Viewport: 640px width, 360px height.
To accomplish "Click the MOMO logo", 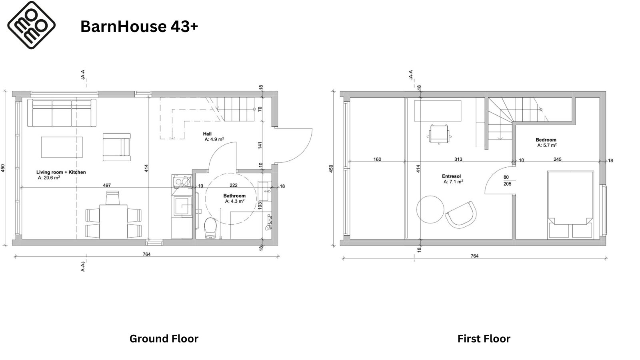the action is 31,25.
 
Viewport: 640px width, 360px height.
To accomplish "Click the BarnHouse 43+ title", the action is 139,26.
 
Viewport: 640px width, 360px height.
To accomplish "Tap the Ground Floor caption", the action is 164,339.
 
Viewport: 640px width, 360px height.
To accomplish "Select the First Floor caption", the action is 484,339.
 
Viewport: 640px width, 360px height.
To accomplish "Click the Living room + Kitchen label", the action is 61,172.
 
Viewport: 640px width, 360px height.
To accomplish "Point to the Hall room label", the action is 207,134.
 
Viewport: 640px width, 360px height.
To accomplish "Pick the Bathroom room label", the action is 234,196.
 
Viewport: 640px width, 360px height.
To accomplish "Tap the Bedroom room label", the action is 546,140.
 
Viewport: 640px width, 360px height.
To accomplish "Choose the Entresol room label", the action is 451,176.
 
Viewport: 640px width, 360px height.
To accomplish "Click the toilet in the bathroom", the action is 210,228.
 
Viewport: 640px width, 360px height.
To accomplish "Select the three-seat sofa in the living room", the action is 62,113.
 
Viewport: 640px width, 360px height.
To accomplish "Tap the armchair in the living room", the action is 116,147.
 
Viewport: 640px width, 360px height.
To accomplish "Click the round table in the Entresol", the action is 430,210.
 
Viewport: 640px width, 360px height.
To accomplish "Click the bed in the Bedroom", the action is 570,205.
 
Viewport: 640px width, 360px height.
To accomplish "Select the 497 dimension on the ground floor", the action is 107,185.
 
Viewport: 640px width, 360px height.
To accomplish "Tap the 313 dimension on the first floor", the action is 458,159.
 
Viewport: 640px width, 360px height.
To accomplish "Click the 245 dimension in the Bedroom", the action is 558,159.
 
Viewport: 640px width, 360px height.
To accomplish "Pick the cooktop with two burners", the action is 182,181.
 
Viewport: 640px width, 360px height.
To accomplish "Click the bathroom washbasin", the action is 264,191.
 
